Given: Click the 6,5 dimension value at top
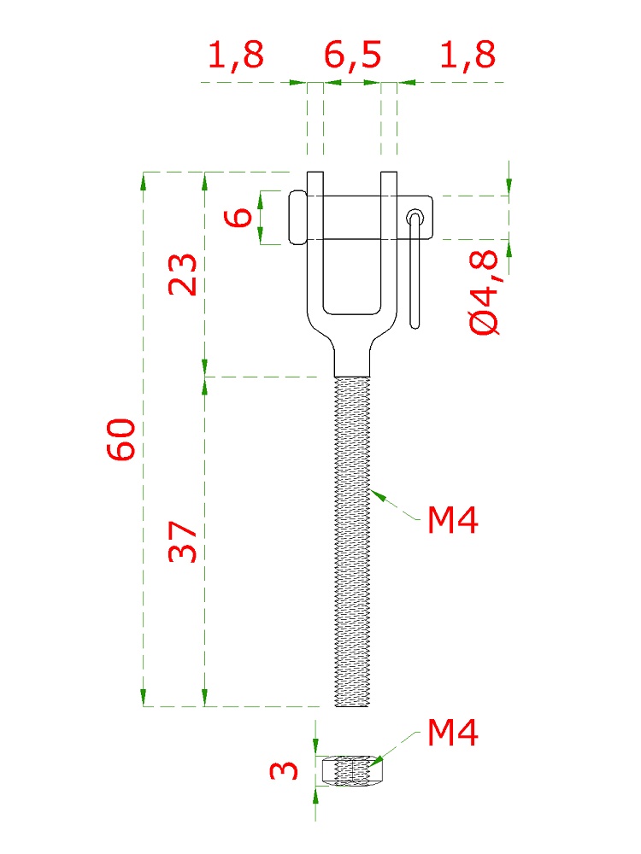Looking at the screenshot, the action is [352, 55].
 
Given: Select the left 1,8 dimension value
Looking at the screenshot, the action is [236, 55].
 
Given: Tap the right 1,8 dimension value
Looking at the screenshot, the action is [468, 55].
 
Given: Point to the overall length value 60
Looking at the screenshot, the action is [121, 439].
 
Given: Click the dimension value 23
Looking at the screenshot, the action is [182, 274].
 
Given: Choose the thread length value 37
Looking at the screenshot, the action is [182, 541].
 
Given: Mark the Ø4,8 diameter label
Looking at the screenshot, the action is [484, 292].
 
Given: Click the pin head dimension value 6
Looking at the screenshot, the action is [238, 218].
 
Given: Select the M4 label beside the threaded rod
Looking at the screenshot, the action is [452, 519].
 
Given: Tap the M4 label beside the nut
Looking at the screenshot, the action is [452, 732].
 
